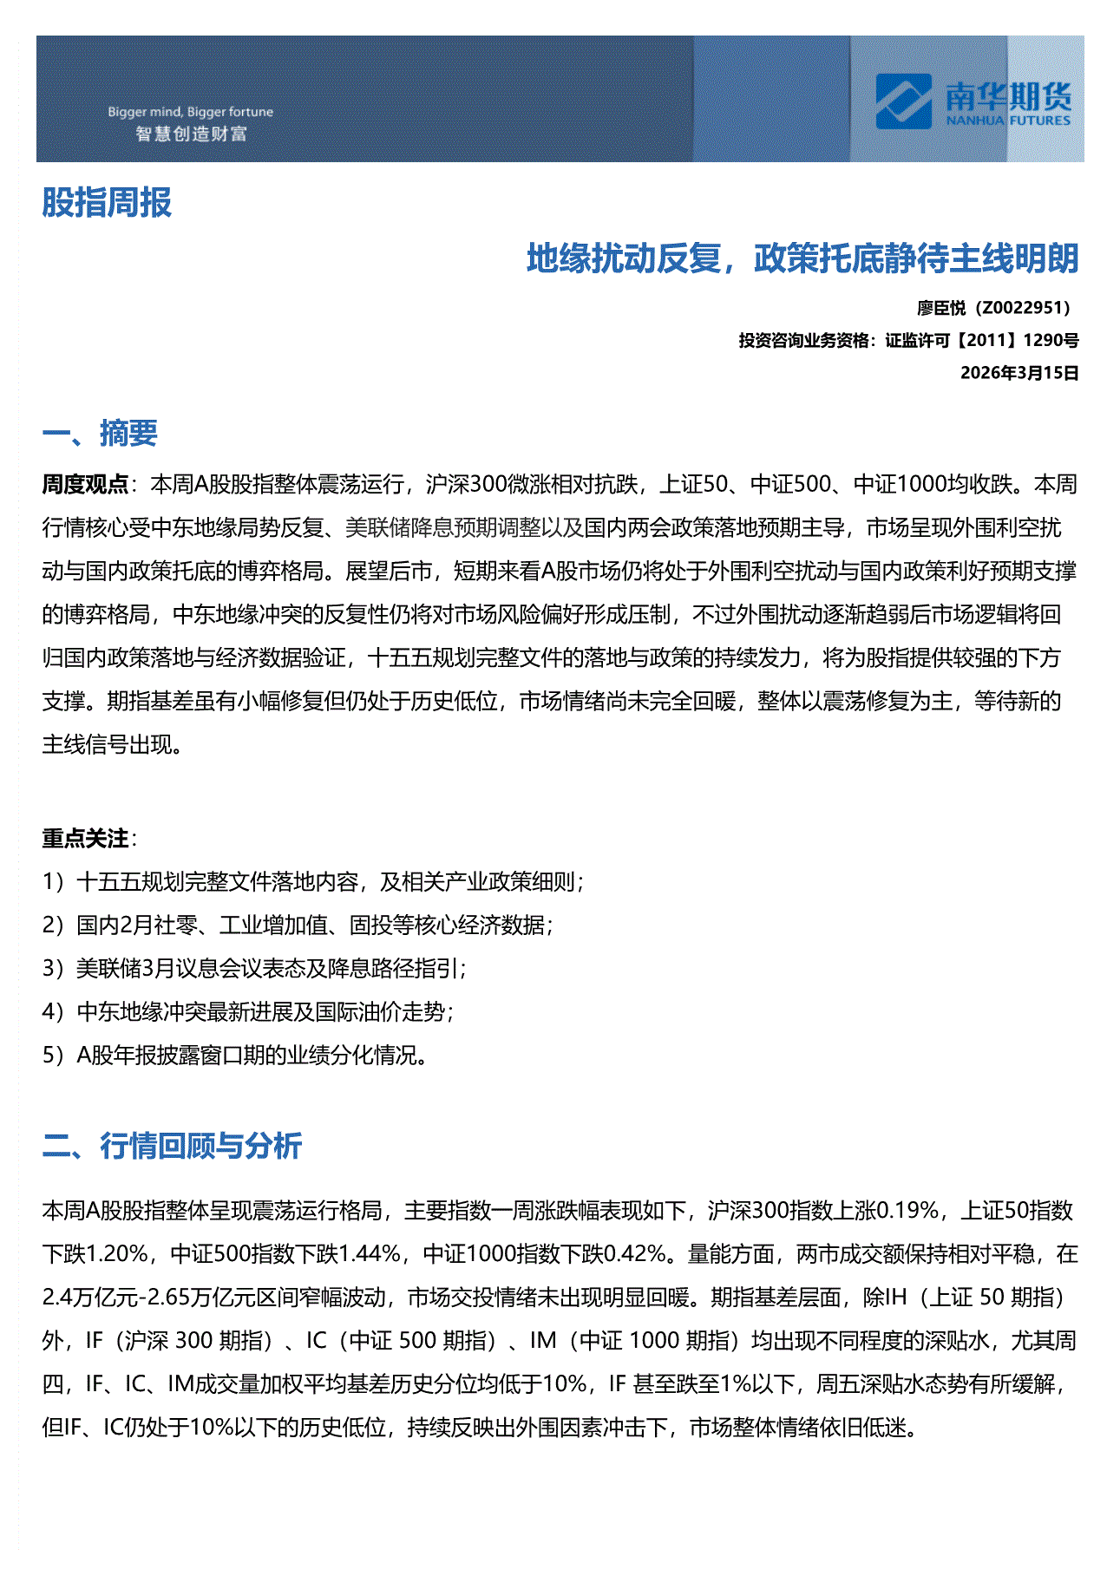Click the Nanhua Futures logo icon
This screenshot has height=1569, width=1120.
point(903,101)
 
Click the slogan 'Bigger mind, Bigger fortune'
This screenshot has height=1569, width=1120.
point(190,112)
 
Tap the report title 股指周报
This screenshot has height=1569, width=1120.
point(107,203)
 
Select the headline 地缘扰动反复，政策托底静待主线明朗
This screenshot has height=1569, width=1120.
point(802,258)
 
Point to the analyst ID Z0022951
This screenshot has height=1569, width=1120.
point(1020,308)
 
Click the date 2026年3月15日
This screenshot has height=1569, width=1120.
point(1018,373)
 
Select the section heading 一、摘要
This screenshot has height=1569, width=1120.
point(100,433)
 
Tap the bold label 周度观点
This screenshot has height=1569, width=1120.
point(85,484)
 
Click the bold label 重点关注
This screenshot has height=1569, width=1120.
point(85,838)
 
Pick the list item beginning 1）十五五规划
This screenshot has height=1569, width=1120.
point(312,882)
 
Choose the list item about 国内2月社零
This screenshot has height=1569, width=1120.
point(298,925)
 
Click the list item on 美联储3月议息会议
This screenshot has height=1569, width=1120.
point(254,969)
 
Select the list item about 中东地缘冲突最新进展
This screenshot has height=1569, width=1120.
point(248,1012)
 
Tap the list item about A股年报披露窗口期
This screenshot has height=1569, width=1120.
point(234,1056)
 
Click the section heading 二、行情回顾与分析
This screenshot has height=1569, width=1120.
point(172,1146)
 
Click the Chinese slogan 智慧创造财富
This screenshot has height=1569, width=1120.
point(191,134)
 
